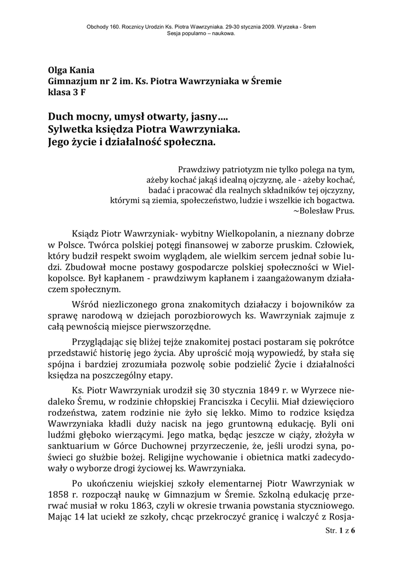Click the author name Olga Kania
coord(71,70)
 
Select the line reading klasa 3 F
coord(67,92)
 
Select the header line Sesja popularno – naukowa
coord(201,33)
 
